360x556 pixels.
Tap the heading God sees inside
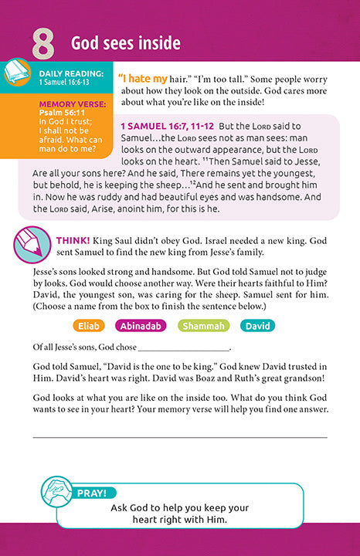click(126, 42)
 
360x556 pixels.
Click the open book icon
click(17, 75)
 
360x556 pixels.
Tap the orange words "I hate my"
click(142, 79)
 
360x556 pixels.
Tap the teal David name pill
click(256, 326)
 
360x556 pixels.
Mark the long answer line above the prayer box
click(179, 437)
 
